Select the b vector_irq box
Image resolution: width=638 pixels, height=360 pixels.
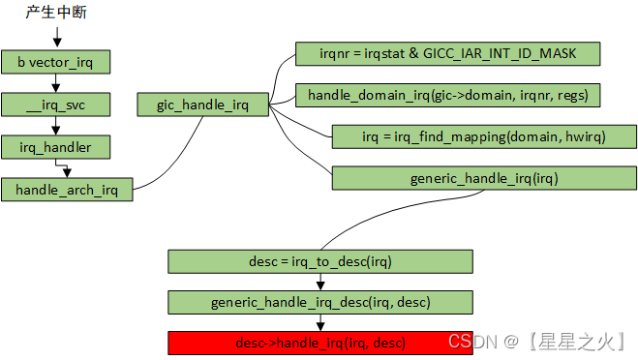pos(57,63)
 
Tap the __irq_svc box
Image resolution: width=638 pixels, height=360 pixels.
pos(57,105)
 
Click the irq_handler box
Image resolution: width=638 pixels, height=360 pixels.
pos(57,147)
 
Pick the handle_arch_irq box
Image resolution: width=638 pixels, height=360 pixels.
pos(67,190)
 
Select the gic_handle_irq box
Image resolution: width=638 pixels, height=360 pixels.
pos(202,105)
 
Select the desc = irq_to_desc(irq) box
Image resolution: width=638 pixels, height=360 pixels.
pos(319,261)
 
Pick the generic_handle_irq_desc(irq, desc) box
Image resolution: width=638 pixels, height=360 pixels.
pos(319,303)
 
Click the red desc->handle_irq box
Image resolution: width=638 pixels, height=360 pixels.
pos(319,344)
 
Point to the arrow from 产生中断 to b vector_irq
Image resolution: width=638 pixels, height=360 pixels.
pos(57,38)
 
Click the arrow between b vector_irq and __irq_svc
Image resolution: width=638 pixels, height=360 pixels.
pos(57,84)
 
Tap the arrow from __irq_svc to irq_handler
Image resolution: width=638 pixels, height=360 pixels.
pos(57,126)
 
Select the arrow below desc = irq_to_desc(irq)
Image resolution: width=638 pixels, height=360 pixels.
pos(319,282)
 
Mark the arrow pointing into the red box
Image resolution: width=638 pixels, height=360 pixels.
pos(319,323)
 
